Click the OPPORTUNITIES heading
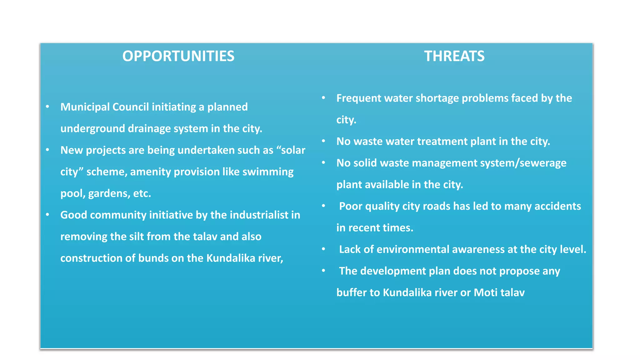[178, 56]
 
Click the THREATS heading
[454, 56]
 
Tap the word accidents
[557, 206]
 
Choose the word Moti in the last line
[485, 292]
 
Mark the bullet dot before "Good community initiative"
[47, 215]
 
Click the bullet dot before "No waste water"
[324, 141]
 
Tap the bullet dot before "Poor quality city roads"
[324, 206]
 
